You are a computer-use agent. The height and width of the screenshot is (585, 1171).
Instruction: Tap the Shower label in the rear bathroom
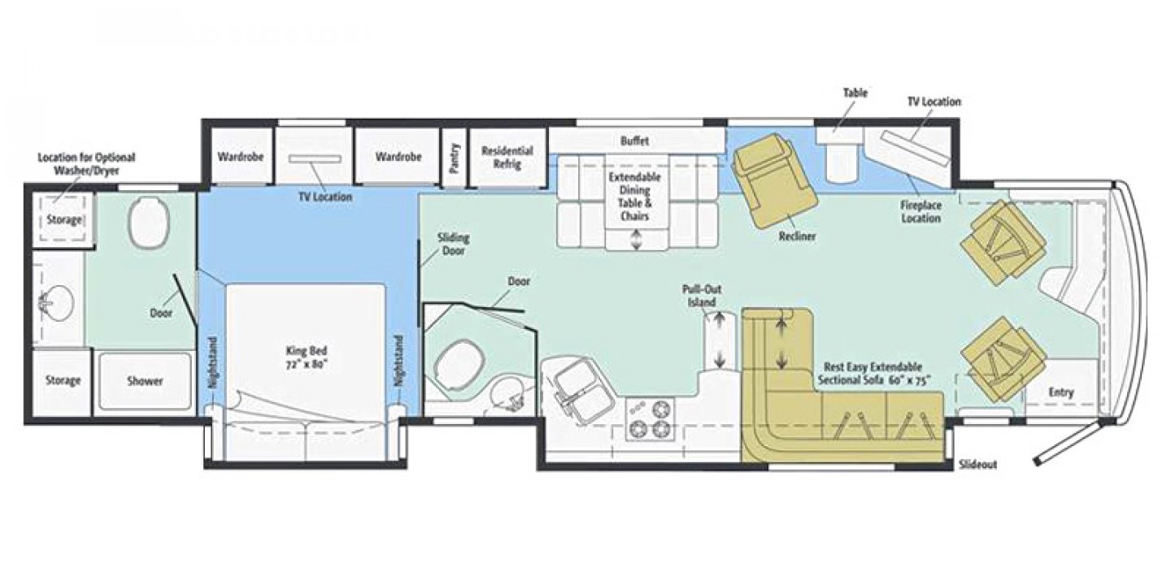pyautogui.click(x=145, y=381)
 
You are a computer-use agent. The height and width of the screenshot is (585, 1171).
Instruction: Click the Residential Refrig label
pyautogui.click(x=507, y=158)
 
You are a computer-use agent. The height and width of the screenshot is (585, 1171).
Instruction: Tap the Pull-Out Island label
pyautogui.click(x=701, y=296)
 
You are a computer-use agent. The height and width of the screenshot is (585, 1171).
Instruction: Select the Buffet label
pyautogui.click(x=635, y=141)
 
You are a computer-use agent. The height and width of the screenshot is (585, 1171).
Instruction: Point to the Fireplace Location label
pyautogui.click(x=920, y=212)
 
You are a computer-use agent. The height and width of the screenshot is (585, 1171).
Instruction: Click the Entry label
pyautogui.click(x=1060, y=392)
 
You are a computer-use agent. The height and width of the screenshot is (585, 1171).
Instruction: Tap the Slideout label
pyautogui.click(x=977, y=465)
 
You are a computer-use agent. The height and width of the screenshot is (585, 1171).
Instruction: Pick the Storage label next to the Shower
pyautogui.click(x=63, y=381)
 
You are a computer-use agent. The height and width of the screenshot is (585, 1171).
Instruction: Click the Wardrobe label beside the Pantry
pyautogui.click(x=398, y=157)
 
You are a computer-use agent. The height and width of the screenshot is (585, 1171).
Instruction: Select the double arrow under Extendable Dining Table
pyautogui.click(x=636, y=239)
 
